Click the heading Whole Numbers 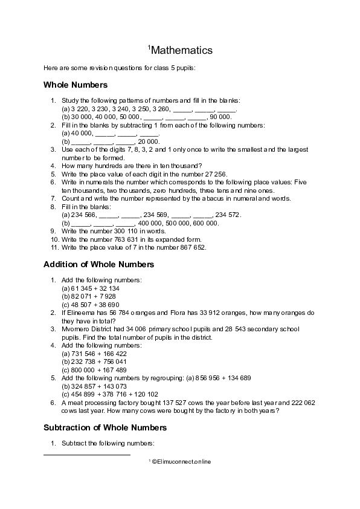(x=76, y=85)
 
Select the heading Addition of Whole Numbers (x=99, y=264)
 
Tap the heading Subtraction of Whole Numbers (x=105, y=427)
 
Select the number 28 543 (x=242, y=329)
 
